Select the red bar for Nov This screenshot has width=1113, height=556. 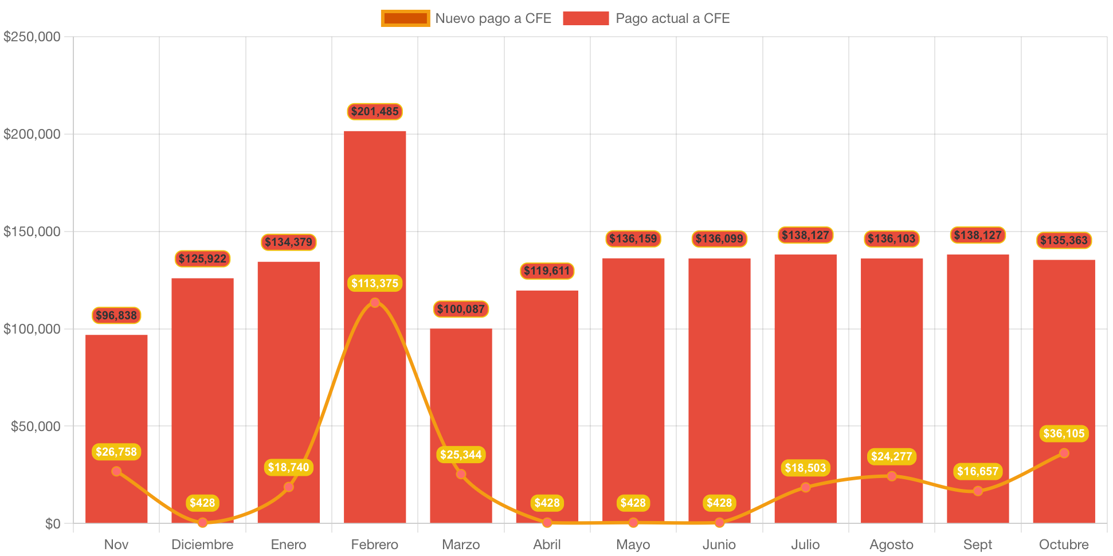tap(116, 401)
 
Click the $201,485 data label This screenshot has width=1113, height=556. tap(375, 111)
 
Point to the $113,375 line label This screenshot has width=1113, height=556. tap(375, 283)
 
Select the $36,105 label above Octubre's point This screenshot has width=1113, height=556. tap(1064, 433)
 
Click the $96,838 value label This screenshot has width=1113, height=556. tap(116, 315)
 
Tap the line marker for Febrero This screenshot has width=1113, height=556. tap(375, 303)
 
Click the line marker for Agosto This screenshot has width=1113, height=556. tap(891, 476)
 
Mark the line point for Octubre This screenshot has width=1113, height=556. tap(1064, 453)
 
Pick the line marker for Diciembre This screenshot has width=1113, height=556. tap(202, 523)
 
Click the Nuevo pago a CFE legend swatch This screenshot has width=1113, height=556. tap(405, 18)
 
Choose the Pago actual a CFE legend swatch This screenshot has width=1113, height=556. tap(585, 18)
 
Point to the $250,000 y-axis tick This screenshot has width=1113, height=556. tap(32, 37)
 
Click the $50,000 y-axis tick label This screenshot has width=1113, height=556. tap(36, 426)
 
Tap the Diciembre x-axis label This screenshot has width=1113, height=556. tap(202, 545)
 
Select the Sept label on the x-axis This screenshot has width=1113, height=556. tap(977, 545)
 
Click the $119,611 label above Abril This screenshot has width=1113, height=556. tap(547, 271)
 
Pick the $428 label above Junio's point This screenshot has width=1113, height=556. tap(719, 503)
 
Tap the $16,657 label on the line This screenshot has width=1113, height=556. tap(977, 471)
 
